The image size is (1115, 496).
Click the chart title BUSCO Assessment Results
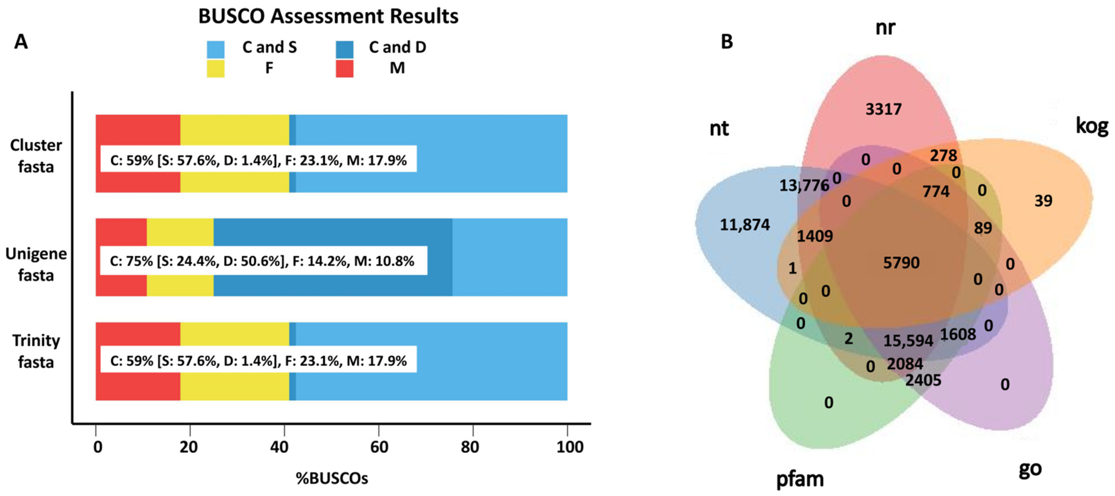328,17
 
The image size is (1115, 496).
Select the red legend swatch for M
344,69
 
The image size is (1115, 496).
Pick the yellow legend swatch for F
216,69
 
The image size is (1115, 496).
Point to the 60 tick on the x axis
379,446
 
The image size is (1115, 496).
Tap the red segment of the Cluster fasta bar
138,130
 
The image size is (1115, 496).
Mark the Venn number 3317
883,109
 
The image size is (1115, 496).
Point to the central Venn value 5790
901,262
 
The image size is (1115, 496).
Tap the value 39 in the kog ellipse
1043,201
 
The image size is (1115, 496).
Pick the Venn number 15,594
908,341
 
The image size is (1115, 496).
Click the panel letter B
727,41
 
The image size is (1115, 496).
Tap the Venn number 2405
923,380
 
